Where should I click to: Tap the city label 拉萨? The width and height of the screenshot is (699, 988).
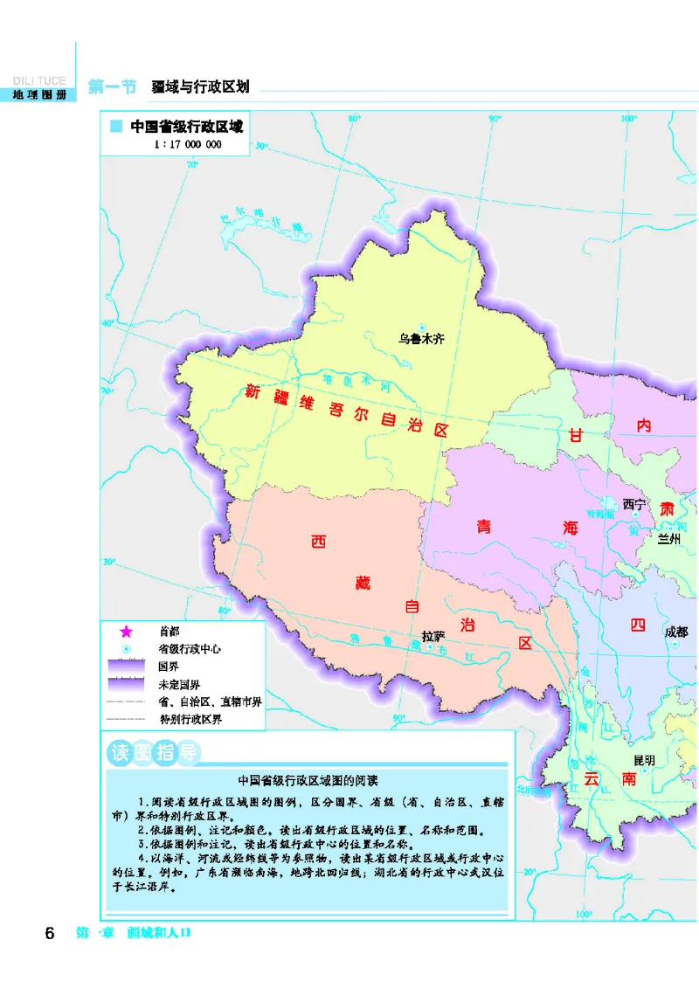pos(433,636)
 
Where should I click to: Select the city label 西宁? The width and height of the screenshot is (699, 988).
pos(633,504)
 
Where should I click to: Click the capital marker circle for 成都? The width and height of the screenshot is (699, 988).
pos(675,645)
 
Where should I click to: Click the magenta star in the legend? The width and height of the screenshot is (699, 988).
pos(126,631)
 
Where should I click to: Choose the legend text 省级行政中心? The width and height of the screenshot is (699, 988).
pos(190,649)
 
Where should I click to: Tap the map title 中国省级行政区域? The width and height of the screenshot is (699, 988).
pos(186,126)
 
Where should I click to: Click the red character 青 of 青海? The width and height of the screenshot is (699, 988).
pos(484,527)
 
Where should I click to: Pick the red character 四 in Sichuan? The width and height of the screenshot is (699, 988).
pos(638,625)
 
